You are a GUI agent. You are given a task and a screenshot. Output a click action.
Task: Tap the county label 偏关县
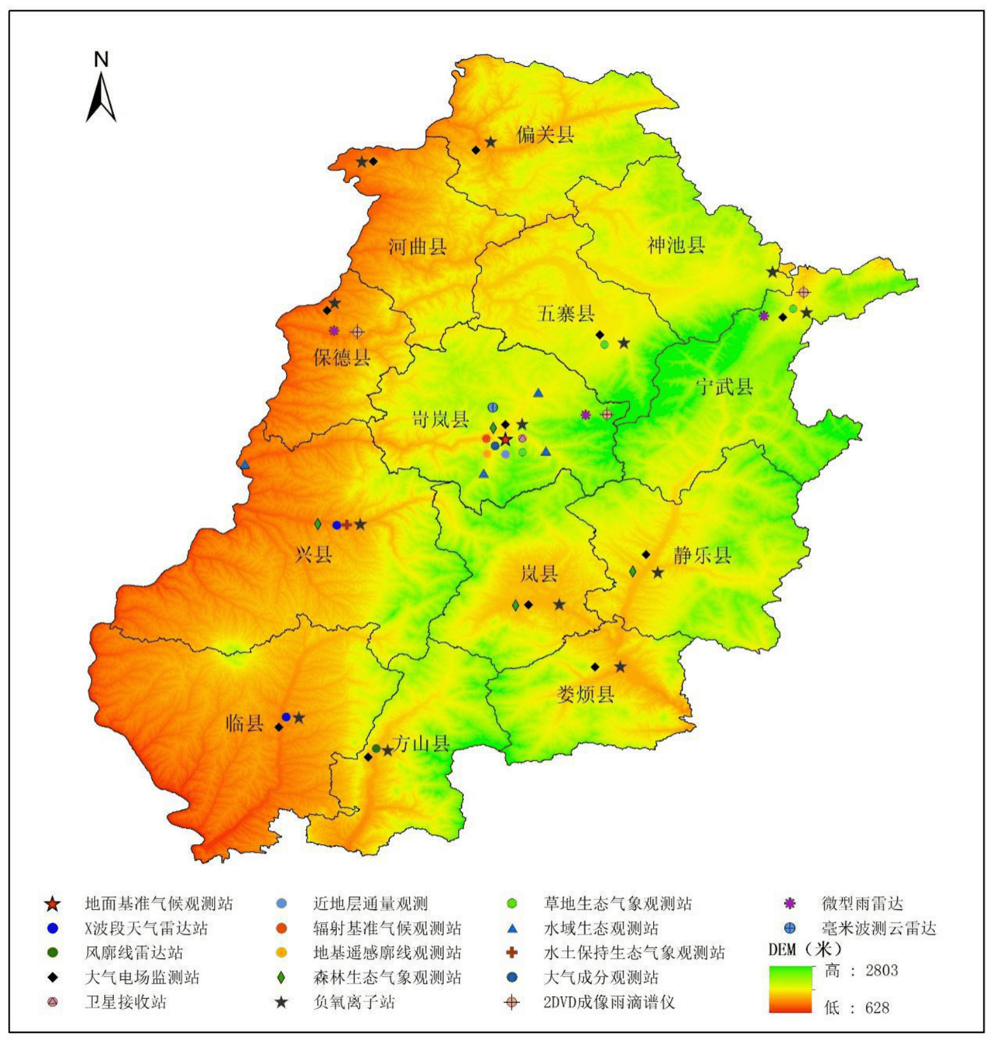(x=545, y=135)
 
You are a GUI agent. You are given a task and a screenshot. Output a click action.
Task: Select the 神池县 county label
(x=676, y=245)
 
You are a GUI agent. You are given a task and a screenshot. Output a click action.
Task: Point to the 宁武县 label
(x=724, y=386)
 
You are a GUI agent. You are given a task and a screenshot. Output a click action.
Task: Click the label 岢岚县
(x=440, y=420)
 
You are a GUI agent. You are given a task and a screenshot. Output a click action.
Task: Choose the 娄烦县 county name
(x=585, y=694)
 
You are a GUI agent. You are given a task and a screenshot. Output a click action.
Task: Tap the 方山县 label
(x=421, y=743)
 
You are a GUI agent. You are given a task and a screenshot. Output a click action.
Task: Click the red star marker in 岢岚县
(x=505, y=439)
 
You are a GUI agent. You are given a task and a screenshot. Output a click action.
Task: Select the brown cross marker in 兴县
(x=347, y=525)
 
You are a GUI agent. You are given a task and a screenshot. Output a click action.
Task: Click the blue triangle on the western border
(x=245, y=465)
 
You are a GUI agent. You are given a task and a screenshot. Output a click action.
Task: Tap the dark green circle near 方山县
(x=376, y=748)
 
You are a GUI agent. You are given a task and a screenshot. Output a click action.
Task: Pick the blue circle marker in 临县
(x=286, y=717)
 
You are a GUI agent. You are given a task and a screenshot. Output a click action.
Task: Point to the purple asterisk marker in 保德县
(x=334, y=331)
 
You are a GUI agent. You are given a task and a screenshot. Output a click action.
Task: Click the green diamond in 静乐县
(x=633, y=572)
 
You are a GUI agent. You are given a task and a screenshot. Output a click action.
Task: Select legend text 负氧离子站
(x=354, y=1003)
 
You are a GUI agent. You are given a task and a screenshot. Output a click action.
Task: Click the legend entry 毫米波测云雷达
(x=878, y=929)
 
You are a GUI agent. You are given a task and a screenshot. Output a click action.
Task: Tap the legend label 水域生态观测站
(x=601, y=929)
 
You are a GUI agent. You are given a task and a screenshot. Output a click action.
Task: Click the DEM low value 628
(x=876, y=1008)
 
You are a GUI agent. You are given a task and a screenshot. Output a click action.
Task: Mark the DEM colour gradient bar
(x=790, y=989)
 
